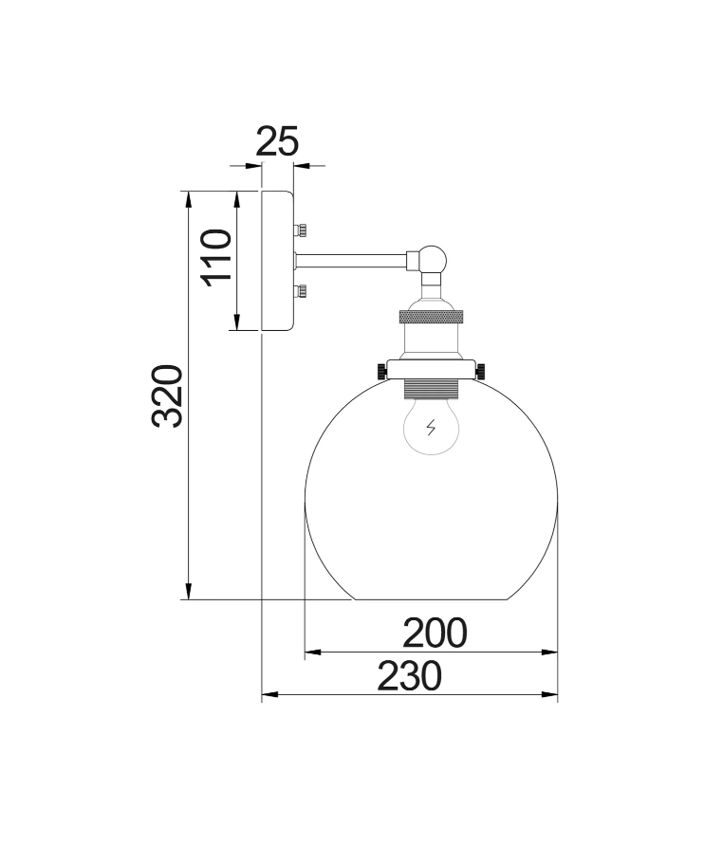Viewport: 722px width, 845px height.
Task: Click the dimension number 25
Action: [278, 142]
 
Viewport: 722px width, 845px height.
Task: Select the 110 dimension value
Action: [217, 257]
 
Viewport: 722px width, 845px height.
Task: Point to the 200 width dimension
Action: [435, 633]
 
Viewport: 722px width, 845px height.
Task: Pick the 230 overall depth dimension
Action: [410, 676]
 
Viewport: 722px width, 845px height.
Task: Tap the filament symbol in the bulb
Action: [432, 428]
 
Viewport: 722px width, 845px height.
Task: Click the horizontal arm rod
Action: [351, 257]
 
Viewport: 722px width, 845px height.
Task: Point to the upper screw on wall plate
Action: [301, 229]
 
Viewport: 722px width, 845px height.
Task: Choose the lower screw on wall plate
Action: [301, 290]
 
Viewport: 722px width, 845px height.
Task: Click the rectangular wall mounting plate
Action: [277, 260]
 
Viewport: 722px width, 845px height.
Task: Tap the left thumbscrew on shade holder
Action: [381, 369]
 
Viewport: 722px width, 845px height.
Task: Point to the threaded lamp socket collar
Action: [432, 386]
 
